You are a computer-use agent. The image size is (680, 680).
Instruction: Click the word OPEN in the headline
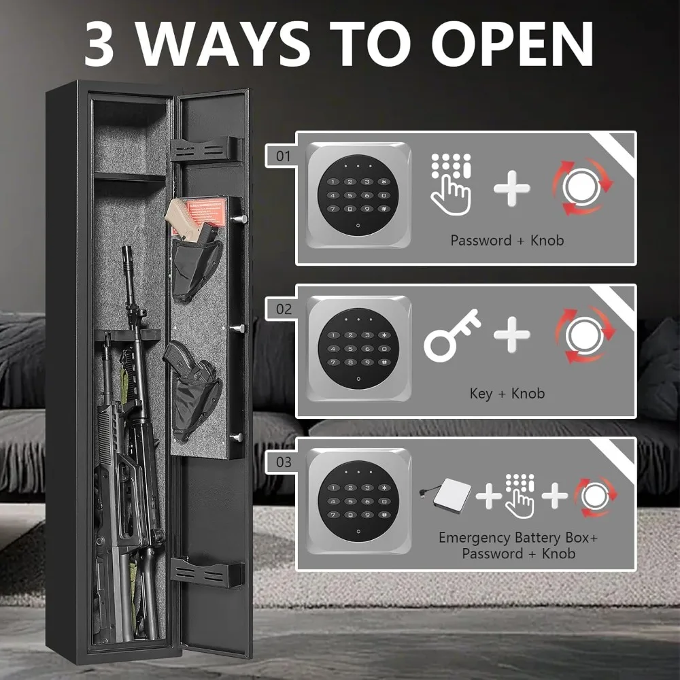(512, 43)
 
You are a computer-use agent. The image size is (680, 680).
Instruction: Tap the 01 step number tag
(283, 156)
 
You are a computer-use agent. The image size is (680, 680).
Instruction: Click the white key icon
(452, 335)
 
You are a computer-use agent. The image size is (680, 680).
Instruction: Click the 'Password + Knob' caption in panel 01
(507, 240)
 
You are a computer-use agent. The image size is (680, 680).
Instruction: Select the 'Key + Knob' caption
(507, 393)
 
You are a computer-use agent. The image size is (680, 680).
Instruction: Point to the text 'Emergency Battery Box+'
(518, 538)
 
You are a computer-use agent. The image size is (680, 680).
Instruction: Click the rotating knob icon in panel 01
(581, 188)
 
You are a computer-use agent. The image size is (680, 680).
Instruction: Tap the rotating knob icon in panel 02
(585, 335)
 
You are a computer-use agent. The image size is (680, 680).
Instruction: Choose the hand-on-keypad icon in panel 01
(451, 184)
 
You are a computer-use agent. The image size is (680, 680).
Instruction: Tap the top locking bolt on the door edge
(239, 219)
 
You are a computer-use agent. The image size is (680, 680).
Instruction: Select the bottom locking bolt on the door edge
(237, 437)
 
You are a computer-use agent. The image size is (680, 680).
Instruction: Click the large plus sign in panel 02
(512, 335)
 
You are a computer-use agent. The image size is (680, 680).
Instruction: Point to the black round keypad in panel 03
(358, 501)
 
